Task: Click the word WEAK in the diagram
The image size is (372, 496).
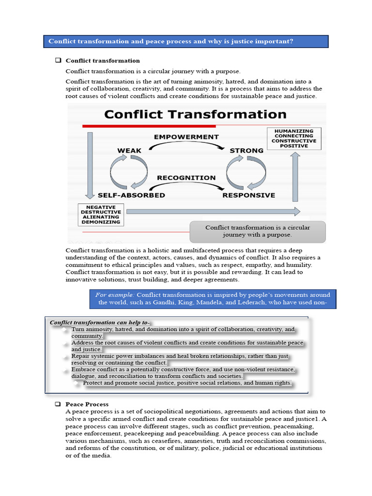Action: point(129,151)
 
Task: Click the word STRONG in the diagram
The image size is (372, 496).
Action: point(246,151)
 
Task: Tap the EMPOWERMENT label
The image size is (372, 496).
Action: point(186,137)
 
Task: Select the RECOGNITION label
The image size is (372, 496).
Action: point(186,178)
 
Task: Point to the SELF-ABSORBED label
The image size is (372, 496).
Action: point(131,195)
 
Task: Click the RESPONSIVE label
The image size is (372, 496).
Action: point(248,195)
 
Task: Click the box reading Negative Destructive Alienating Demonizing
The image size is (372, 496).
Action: point(101,215)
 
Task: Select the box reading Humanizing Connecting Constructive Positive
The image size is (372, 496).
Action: point(294,138)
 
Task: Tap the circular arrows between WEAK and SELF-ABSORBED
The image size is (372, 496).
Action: point(129,173)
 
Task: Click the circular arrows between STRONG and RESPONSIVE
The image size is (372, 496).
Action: point(246,173)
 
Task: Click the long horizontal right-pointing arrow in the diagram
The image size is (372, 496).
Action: point(213,211)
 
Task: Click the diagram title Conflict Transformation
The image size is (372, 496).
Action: point(195,114)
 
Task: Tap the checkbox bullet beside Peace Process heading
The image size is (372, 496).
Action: point(58,404)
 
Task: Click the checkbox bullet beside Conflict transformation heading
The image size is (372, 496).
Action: point(58,61)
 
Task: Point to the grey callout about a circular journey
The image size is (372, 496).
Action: point(257,231)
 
